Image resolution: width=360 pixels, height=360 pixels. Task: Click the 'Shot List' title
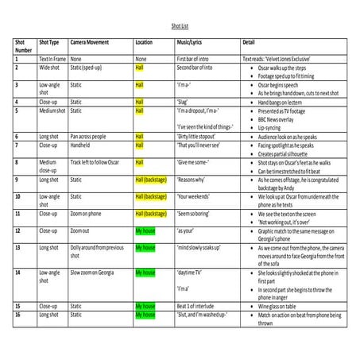click(x=181, y=25)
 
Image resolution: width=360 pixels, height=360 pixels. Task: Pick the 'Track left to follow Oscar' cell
click(x=99, y=162)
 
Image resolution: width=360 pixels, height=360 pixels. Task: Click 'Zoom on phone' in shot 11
click(x=88, y=213)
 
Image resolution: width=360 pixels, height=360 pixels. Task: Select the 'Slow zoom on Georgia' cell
click(x=97, y=273)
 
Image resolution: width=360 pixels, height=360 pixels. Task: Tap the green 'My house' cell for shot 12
click(x=145, y=230)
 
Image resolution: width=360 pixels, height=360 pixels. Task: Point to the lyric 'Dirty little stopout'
click(x=199, y=136)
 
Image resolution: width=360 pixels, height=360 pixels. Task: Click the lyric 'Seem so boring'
click(x=195, y=213)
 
